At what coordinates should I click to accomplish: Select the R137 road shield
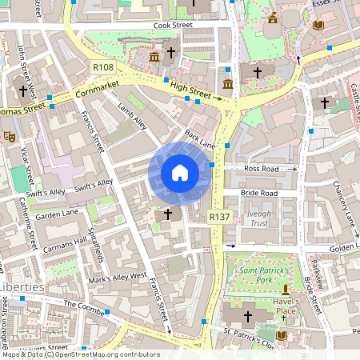click(219, 217)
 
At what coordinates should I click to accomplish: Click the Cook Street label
click(173, 26)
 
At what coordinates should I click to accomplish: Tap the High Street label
click(194, 94)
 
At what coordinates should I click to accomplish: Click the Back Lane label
click(200, 139)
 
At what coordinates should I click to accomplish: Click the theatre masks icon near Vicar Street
click(10, 137)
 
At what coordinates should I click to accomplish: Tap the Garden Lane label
click(55, 214)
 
